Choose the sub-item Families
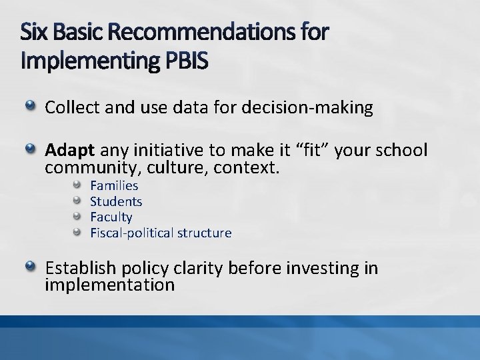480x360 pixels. pos(114,185)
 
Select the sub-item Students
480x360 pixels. pos(116,201)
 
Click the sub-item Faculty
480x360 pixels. pos(111,217)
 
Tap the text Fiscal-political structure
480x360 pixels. pos(161,233)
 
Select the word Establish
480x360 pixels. pos(83,268)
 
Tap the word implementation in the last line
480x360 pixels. pos(109,285)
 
